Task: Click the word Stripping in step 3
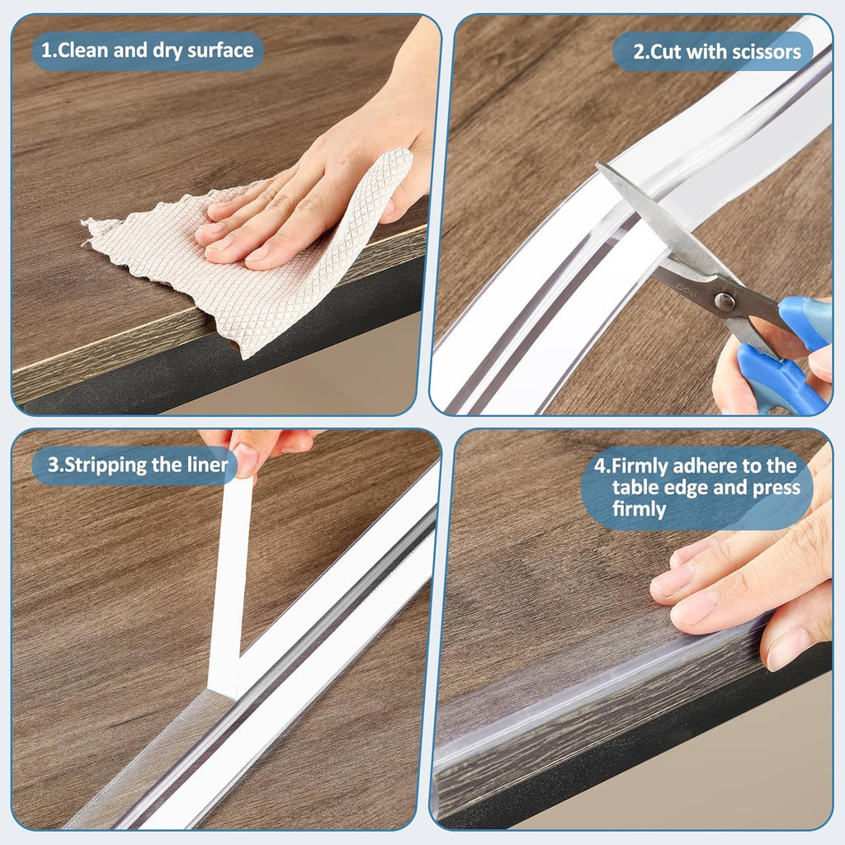click(x=101, y=465)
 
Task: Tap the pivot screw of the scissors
click(x=726, y=302)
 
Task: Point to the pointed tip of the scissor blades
click(x=601, y=168)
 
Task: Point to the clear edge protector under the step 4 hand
click(x=578, y=693)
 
